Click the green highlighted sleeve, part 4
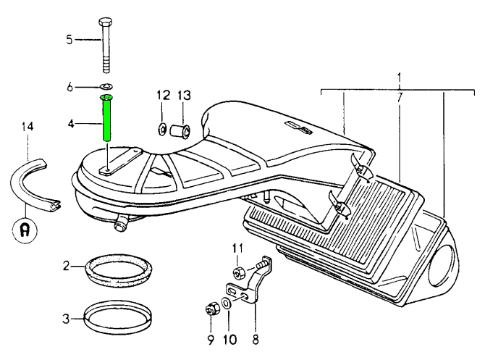(x=107, y=120)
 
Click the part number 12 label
(x=163, y=95)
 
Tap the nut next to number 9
(x=212, y=310)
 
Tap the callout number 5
(x=69, y=40)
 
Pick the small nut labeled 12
(x=162, y=130)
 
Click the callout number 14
(x=28, y=127)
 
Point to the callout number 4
(x=70, y=124)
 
